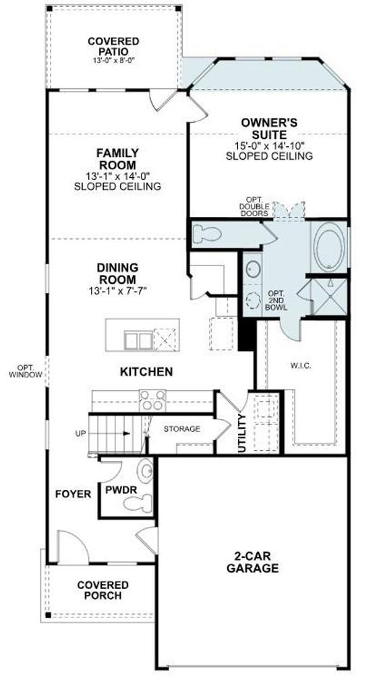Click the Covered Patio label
pyautogui.click(x=113, y=46)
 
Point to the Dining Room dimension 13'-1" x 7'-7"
pyautogui.click(x=117, y=290)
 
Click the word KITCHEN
pyautogui.click(x=146, y=372)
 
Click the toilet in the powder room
pyautogui.click(x=138, y=503)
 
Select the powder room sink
pyautogui.click(x=145, y=472)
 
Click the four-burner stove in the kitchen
pyautogui.click(x=152, y=400)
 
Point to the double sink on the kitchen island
pyautogui.click(x=138, y=340)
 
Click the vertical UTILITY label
pyautogui.click(x=241, y=433)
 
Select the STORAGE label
pyautogui.click(x=182, y=429)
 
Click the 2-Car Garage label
pyautogui.click(x=253, y=562)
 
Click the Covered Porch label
pyautogui.click(x=103, y=590)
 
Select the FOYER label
pyautogui.click(x=73, y=494)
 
